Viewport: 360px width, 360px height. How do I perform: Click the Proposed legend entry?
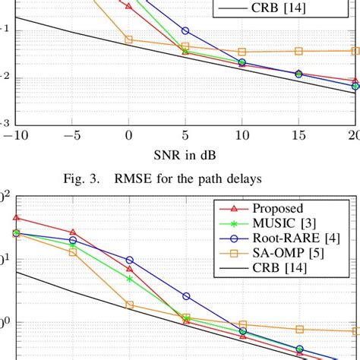point(279,208)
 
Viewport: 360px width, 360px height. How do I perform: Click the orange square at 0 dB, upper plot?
point(128,39)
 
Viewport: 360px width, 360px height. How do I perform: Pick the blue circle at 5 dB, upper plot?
point(186,30)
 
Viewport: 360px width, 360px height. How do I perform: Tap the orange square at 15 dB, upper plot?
point(299,51)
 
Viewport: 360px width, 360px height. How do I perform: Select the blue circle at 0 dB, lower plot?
point(129,261)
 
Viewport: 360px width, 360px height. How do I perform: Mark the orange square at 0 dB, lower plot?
point(129,305)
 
